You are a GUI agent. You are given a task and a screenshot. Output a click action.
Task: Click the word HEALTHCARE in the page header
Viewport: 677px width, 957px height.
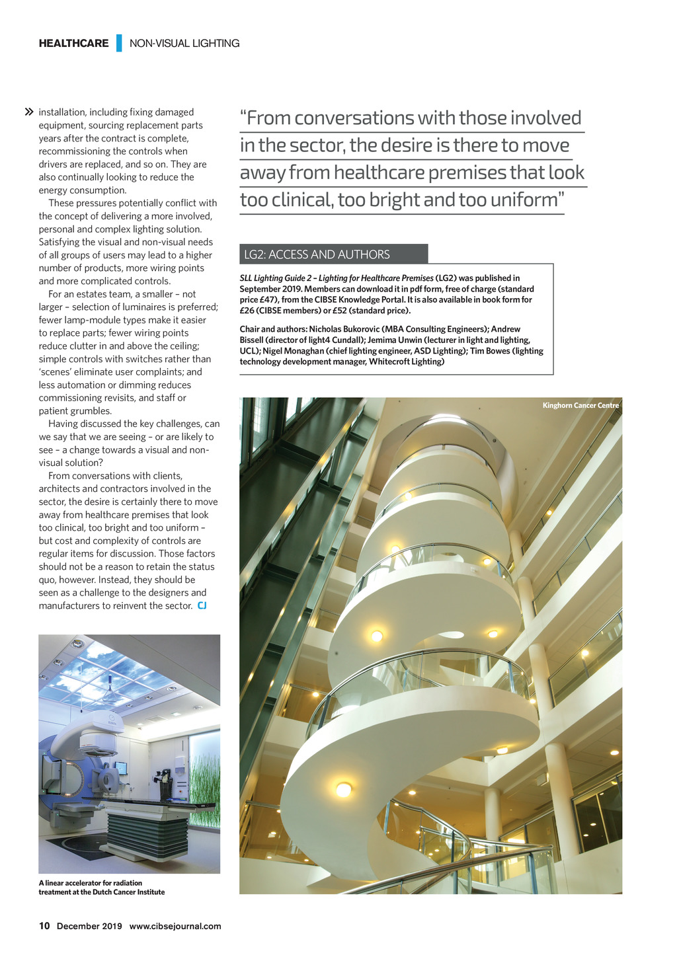[x=73, y=44]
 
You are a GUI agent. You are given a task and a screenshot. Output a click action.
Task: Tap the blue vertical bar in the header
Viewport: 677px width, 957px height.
[x=119, y=43]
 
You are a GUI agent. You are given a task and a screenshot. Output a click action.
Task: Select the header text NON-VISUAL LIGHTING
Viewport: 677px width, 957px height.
[x=184, y=44]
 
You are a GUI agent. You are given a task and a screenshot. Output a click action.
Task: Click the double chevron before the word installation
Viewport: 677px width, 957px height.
[x=28, y=112]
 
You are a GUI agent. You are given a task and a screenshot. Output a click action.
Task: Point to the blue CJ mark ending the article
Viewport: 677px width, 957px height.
[x=202, y=605]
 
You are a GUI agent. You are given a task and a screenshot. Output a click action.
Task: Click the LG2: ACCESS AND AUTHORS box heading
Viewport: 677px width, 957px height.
[x=317, y=254]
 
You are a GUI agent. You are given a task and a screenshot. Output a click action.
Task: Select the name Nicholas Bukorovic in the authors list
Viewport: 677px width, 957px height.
[x=344, y=329]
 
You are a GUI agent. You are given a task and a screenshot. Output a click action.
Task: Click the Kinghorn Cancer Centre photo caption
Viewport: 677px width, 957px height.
[x=580, y=405]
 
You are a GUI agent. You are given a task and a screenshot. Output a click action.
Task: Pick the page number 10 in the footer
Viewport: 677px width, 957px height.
[x=44, y=926]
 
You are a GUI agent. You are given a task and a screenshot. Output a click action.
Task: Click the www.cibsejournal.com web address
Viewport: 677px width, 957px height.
[x=175, y=926]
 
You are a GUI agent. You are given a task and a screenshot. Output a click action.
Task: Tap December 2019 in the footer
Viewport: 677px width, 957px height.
[x=89, y=926]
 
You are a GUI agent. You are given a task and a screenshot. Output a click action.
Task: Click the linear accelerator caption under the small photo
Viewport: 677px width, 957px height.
[x=102, y=888]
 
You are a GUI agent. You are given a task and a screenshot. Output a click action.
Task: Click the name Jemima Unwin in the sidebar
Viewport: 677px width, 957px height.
[x=395, y=340]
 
